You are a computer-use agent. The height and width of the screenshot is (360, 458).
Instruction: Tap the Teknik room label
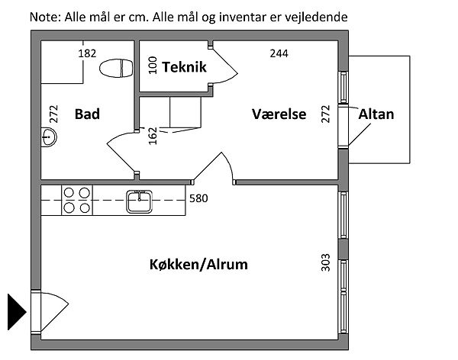pos(184,68)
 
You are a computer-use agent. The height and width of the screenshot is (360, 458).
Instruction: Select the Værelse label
pos(279,114)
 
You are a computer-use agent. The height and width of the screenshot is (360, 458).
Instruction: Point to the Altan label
pos(376,114)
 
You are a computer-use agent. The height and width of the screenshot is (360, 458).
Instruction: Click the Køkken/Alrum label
pos(198,265)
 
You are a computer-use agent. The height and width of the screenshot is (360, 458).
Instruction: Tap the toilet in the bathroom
pos(116,69)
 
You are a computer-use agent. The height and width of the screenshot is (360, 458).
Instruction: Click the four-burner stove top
pos(76,200)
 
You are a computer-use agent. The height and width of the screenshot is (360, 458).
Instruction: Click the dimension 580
pos(198,199)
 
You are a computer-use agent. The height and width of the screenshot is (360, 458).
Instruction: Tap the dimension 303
pos(326,262)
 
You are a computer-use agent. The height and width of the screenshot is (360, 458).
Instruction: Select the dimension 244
pos(280,53)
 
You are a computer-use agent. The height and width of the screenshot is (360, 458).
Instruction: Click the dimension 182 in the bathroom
pos(88,53)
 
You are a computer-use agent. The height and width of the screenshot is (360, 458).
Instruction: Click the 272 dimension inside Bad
pos(53,114)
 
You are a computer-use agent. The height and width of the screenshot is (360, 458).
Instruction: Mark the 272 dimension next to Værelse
pos(326,114)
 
